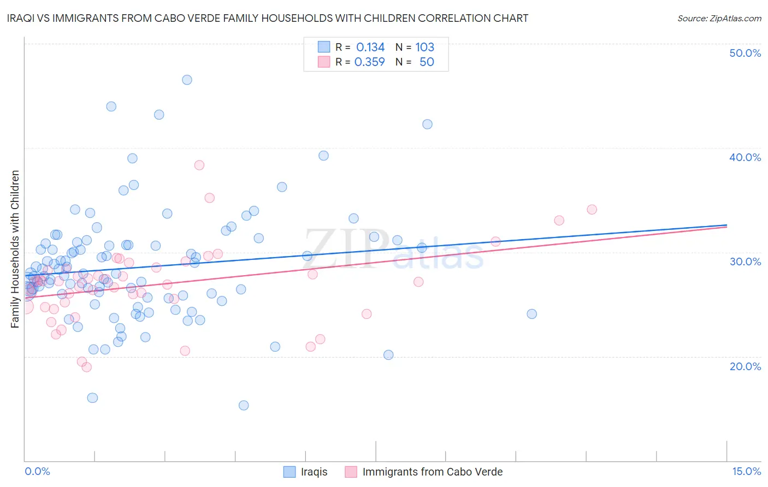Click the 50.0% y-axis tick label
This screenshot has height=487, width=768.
745,53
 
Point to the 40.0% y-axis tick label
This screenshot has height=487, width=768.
745,157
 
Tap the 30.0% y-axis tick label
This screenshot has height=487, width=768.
745,262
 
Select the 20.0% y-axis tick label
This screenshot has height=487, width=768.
745,366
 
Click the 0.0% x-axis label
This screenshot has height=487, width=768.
37,471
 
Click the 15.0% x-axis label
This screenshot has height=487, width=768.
746,471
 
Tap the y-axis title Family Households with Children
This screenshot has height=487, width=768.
15,249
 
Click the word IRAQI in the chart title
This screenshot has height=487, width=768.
21,18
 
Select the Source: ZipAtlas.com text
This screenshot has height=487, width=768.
719,19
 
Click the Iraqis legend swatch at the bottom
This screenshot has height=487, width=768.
290,472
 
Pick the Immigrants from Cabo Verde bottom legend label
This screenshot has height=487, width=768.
432,472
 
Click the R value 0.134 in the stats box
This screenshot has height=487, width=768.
370,47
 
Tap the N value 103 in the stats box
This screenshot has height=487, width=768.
424,47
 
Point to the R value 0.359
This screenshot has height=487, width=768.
370,62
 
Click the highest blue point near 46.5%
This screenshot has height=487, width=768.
187,80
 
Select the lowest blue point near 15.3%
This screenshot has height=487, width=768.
244,405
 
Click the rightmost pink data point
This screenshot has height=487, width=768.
592,210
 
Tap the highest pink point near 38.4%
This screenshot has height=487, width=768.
199,165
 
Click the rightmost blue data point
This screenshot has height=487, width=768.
531,314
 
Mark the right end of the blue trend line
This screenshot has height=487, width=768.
726,225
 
